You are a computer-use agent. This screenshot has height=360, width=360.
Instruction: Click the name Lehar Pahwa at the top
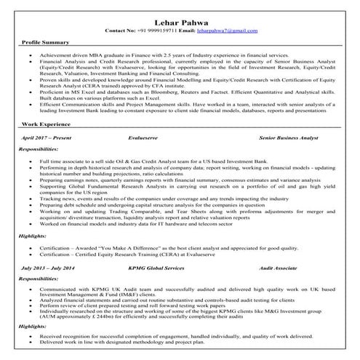tap(180, 21)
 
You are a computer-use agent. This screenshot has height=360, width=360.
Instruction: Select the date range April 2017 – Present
tap(48, 137)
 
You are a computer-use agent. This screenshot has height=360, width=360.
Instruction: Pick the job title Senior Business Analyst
tap(289, 137)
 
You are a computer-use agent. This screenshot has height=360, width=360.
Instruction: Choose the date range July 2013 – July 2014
tap(49, 268)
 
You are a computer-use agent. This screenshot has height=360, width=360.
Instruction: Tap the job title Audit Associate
tap(278, 268)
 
